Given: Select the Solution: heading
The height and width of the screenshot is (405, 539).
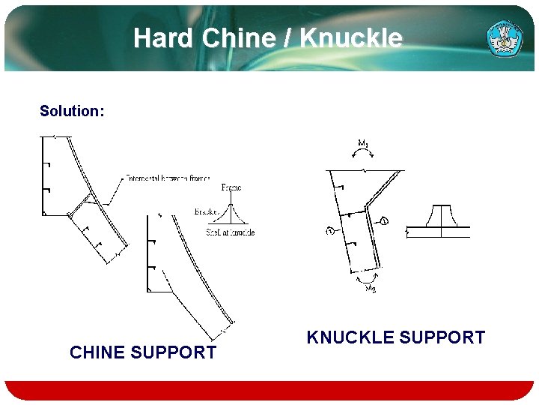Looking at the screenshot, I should pos(72,111).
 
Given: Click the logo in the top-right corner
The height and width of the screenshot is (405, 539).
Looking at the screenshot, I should pos(505,38).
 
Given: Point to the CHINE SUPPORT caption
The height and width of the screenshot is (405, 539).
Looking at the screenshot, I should pos(143,352).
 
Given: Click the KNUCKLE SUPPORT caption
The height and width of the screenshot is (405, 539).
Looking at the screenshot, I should pos(395,337).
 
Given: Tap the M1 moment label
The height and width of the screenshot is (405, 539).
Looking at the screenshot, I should pos(363,142).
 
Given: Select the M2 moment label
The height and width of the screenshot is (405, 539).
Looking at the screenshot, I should pos(371,289).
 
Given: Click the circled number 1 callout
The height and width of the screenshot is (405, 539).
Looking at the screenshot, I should pos(383,220).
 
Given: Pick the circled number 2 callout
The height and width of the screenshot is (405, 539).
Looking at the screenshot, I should pos(330,231).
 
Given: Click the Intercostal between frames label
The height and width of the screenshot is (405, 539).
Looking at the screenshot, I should pos(168,178).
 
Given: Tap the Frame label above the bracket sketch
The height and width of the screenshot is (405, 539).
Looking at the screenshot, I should pos(232,187).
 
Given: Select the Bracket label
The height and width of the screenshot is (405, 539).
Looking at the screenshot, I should pos(206,212).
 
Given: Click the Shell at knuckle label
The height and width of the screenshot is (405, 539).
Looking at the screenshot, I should pos(231,232).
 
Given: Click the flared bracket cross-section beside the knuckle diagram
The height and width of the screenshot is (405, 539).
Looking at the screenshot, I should pos(441,220).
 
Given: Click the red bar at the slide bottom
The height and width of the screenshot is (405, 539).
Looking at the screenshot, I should pos(269,389).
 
